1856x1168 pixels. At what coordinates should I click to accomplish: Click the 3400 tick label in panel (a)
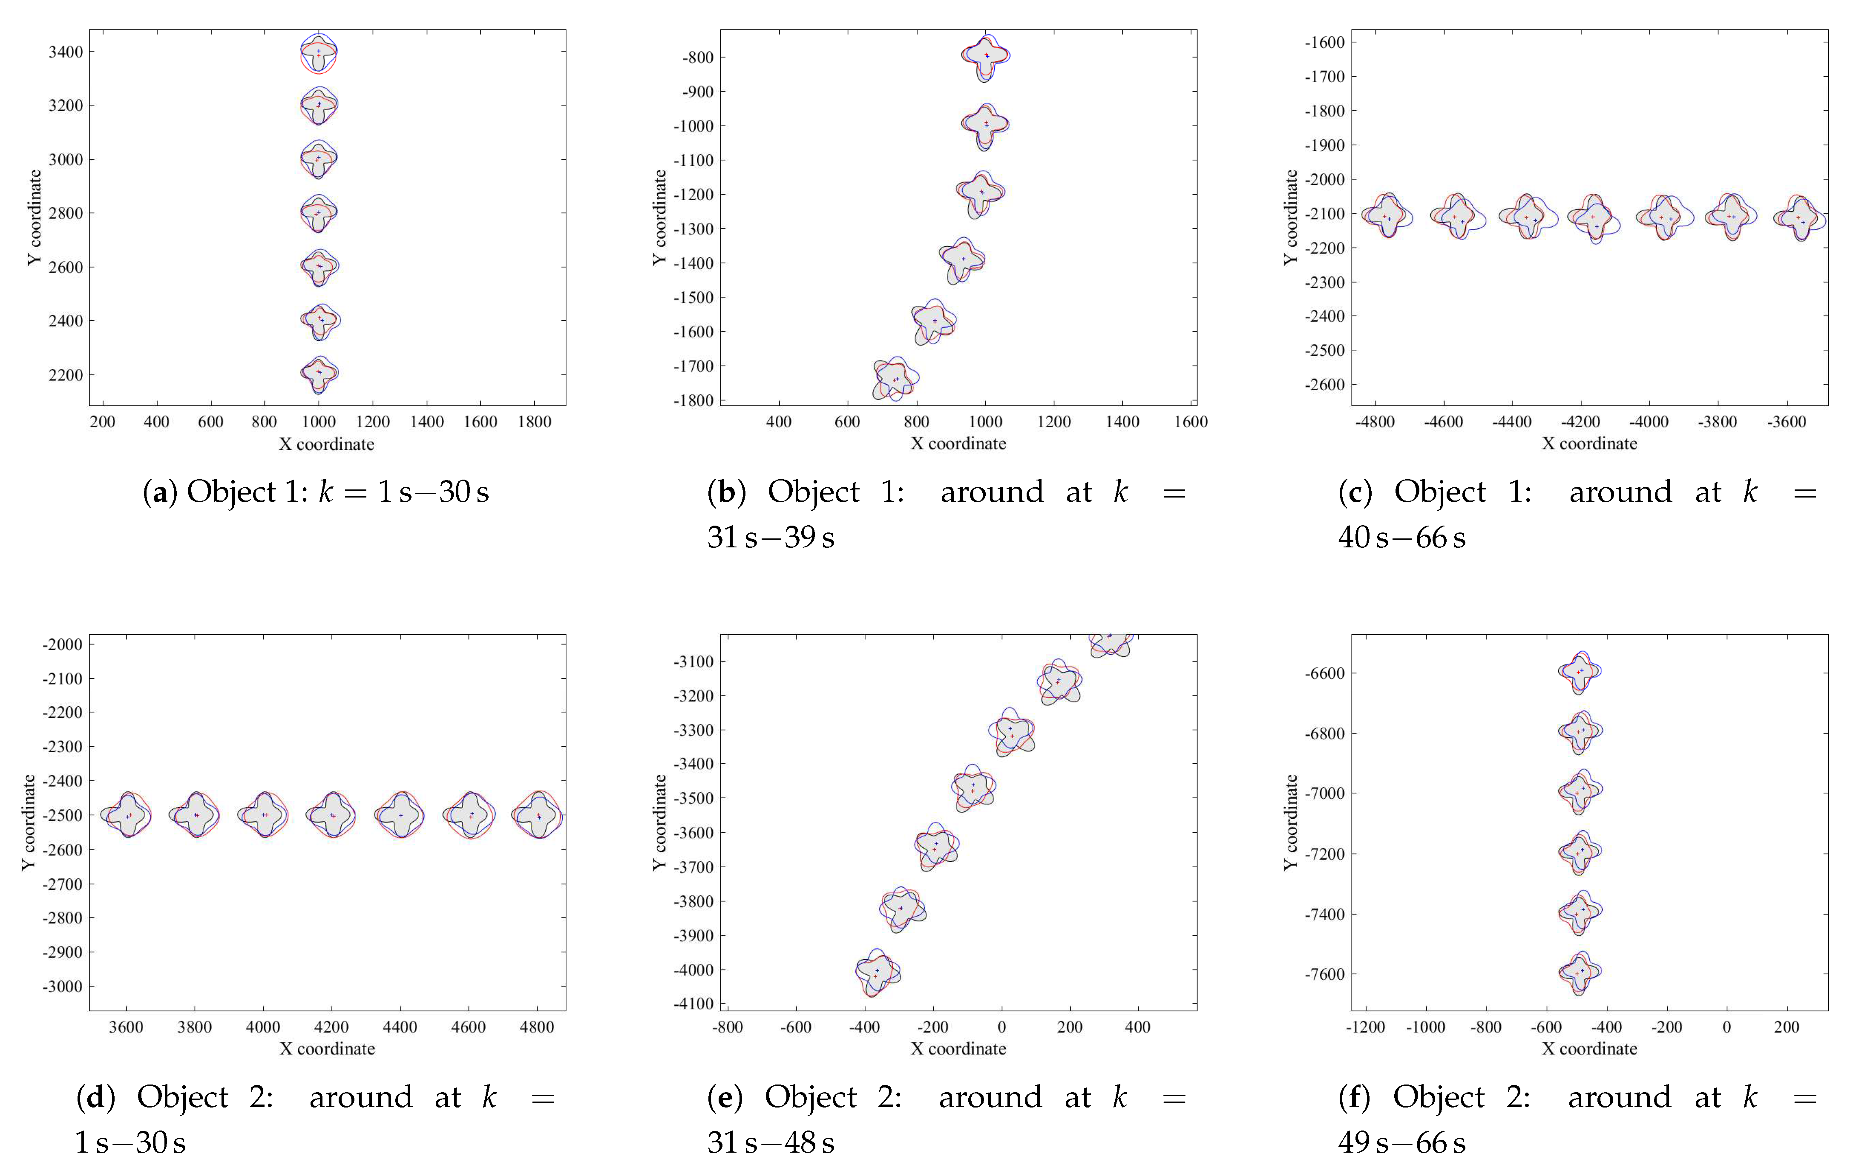click(x=66, y=52)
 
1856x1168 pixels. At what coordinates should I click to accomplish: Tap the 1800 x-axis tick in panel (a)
click(x=534, y=422)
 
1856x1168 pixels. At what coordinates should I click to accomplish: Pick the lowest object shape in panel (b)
click(x=895, y=379)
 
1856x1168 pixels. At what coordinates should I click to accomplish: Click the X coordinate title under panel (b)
click(x=958, y=443)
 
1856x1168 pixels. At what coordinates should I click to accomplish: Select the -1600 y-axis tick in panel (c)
click(x=1324, y=43)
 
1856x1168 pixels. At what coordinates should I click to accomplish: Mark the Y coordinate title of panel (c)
click(x=1290, y=217)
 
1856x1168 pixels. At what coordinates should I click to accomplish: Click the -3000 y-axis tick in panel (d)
click(x=63, y=986)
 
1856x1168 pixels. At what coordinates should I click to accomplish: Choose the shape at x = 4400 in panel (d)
click(x=400, y=815)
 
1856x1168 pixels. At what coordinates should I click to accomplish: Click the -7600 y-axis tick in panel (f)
click(x=1324, y=974)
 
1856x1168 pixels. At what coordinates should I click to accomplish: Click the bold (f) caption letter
click(x=1354, y=1097)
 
